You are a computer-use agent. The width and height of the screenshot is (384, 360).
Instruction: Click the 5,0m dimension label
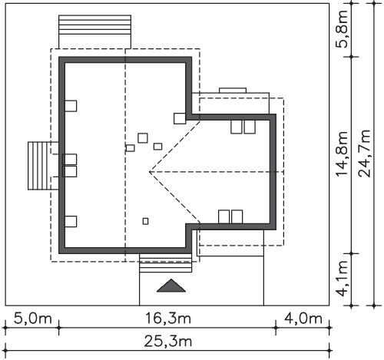[33, 319]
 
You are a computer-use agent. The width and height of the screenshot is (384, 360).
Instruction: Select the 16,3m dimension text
[168, 319]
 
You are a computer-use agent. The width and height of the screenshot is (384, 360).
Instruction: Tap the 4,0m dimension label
[303, 319]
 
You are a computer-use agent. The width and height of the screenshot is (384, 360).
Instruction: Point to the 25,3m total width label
[168, 342]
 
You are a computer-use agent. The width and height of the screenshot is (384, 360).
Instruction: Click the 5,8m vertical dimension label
[343, 28]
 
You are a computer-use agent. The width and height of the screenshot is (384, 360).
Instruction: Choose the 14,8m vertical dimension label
[343, 154]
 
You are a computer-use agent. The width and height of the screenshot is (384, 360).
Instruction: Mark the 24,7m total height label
[365, 154]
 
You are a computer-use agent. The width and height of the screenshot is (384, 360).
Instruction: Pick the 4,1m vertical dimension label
[343, 279]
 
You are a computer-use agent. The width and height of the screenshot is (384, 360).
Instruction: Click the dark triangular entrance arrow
[171, 286]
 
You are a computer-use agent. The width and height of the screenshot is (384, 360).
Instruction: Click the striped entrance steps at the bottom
[165, 263]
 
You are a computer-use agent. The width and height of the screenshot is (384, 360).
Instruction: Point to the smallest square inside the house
[145, 221]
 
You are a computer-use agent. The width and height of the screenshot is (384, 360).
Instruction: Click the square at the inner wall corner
[180, 118]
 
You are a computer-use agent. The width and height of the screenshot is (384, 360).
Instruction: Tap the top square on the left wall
[71, 106]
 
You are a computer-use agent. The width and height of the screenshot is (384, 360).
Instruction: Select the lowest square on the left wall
[71, 221]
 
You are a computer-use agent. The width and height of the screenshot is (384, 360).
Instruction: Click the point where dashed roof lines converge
[150, 172]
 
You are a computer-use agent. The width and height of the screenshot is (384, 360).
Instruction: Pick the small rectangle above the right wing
[233, 91]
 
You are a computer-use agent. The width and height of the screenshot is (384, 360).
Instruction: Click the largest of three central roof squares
[143, 138]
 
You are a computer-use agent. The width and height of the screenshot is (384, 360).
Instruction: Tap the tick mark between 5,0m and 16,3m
[59, 328]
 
